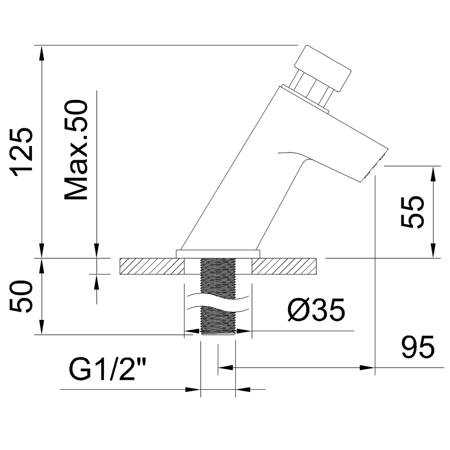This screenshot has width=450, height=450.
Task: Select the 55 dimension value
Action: coord(412,212)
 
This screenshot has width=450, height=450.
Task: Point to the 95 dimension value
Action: coord(418,347)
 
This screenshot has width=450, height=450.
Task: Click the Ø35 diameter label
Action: coord(316,310)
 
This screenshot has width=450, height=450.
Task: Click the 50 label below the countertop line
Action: coord(22,296)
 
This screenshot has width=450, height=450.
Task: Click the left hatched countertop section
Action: coord(152,266)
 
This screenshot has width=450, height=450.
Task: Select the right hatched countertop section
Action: coord(284,266)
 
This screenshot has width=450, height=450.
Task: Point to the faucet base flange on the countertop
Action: coord(218,254)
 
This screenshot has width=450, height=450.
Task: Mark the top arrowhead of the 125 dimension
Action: coord(42,53)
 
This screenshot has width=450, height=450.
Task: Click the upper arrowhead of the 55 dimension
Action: coord(433,173)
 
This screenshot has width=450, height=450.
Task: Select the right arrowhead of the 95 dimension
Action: coord(368,367)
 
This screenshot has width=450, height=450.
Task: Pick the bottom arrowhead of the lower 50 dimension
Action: coord(42,327)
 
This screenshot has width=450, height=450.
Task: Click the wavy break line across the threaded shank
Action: coord(218,303)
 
